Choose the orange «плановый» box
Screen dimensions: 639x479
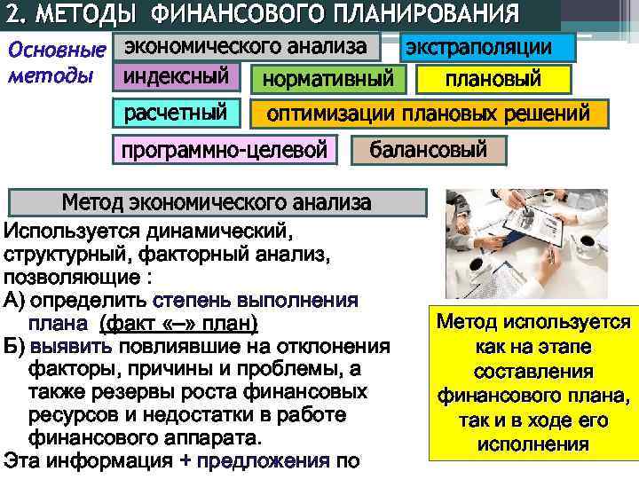coord(493,80)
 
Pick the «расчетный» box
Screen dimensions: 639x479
coord(175,114)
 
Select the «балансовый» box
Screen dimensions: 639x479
coord(429,149)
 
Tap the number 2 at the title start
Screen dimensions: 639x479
coord(13,15)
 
